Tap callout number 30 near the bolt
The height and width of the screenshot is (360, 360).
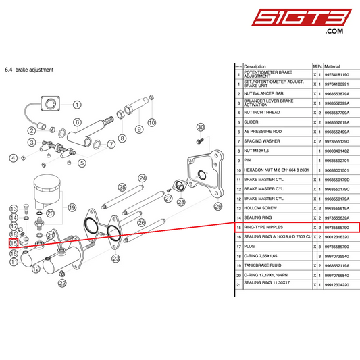click(200, 127)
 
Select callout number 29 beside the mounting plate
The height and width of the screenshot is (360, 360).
click(217, 206)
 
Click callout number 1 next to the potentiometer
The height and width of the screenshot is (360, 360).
click(76, 105)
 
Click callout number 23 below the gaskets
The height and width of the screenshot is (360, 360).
click(116, 258)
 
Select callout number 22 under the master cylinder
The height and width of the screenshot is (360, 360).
click(62, 283)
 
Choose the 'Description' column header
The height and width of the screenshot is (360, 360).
click(255, 66)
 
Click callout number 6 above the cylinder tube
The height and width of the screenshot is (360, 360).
click(77, 122)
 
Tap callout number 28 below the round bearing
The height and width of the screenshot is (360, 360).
click(180, 201)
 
